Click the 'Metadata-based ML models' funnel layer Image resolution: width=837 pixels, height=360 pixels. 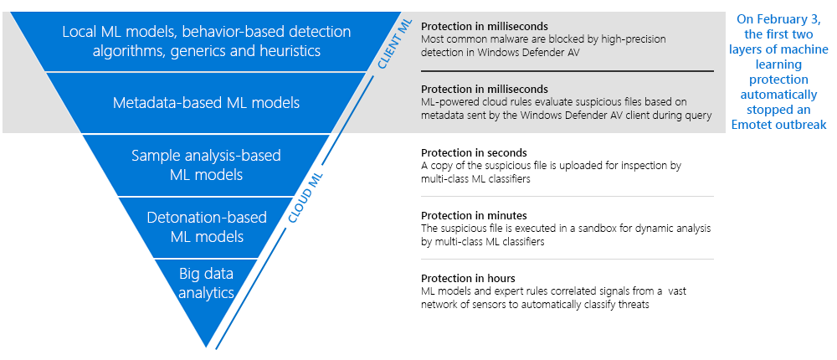206,103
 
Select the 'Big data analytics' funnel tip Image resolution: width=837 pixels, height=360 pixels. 206,282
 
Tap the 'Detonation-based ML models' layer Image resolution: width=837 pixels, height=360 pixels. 206,227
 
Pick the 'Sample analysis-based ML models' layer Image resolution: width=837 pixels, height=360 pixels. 206,165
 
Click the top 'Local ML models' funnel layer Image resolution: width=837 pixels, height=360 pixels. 206,41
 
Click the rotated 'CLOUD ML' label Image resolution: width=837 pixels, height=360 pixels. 306,198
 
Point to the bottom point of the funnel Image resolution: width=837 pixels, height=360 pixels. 207,346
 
